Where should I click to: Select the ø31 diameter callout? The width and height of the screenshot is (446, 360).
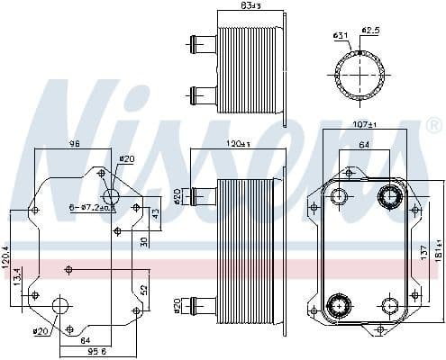pos(341,35)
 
